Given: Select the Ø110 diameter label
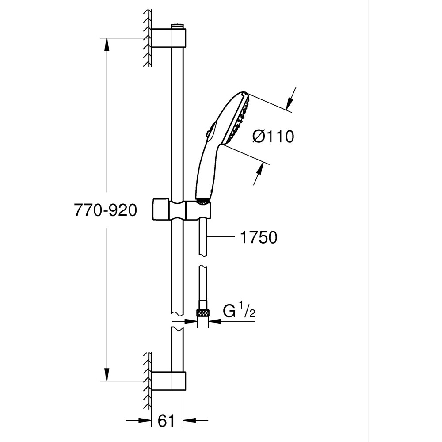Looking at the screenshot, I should click(273, 137).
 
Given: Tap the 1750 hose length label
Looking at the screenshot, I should click(259, 237).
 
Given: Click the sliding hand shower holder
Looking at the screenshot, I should click(181, 210).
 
